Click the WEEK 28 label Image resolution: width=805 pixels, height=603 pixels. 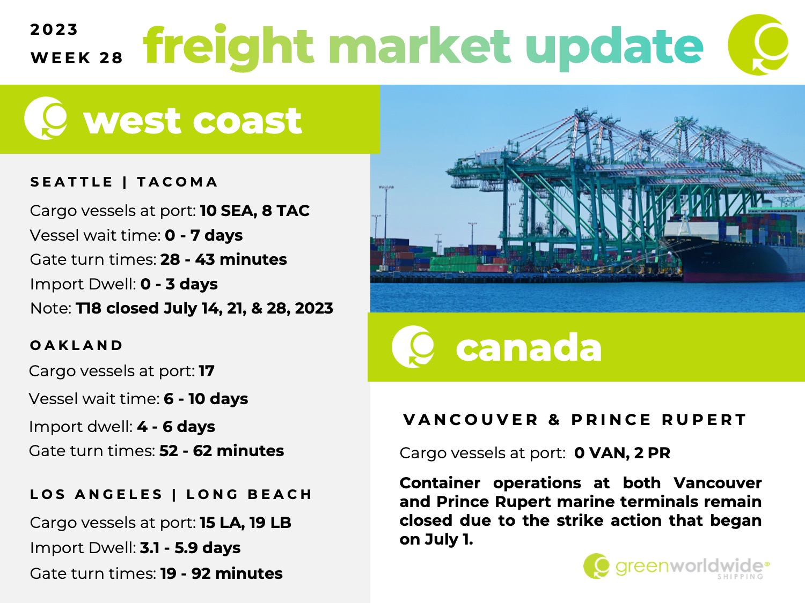point(77,58)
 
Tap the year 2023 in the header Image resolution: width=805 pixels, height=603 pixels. point(54,29)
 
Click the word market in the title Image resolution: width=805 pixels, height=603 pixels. point(420,47)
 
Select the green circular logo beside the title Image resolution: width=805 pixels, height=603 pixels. point(758,44)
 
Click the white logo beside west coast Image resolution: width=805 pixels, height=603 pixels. point(46,118)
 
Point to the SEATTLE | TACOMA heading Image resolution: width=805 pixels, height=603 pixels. point(124,182)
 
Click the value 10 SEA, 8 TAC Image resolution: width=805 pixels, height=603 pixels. point(255,211)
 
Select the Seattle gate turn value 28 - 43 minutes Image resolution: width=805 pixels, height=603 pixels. point(224,259)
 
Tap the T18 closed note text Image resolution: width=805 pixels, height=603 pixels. point(204,308)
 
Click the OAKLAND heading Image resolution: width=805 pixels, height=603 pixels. point(76,345)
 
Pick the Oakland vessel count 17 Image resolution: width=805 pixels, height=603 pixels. point(207,371)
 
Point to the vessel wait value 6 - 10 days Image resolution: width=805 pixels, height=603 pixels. point(206,399)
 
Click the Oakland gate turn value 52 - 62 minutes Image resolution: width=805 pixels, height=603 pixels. point(222,451)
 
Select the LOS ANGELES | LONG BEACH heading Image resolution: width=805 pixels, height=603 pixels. point(171,494)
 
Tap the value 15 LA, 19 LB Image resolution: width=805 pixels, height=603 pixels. point(245,523)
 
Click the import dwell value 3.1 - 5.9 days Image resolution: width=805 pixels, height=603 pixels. point(190,548)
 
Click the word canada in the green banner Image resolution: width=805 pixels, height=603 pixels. point(529,347)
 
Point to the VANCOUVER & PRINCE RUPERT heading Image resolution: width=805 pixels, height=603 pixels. point(575,420)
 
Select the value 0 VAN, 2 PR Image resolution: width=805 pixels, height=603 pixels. point(622,453)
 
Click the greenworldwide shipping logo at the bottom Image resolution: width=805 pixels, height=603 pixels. point(676,567)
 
